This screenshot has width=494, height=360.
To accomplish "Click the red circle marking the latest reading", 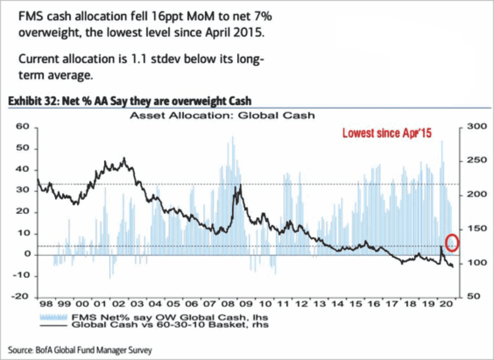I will [x=451, y=242].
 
